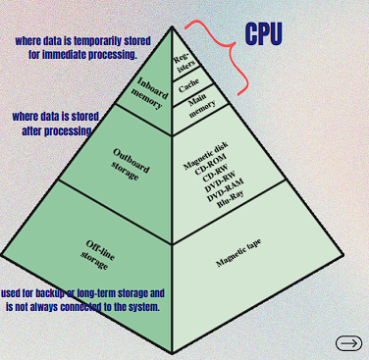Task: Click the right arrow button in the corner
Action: (x=348, y=342)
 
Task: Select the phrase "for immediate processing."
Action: (x=82, y=55)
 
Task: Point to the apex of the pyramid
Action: (x=173, y=27)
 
